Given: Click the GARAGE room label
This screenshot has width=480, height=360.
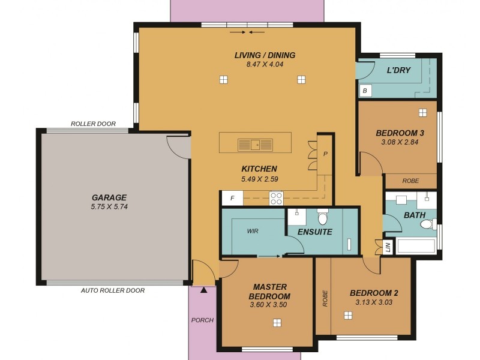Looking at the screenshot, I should [109, 197].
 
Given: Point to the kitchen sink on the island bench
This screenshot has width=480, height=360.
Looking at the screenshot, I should [255, 144].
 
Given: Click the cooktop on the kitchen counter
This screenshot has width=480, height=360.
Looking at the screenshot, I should [276, 198].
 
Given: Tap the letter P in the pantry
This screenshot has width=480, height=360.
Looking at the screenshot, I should [325, 154].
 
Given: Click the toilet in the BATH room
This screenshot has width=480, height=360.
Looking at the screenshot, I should [427, 224].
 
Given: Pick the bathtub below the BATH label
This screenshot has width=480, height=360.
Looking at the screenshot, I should [416, 247].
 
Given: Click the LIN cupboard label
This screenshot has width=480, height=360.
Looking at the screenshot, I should [388, 247].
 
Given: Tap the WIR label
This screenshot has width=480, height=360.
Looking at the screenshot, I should [253, 230].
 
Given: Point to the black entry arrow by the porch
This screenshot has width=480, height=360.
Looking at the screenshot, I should [205, 290].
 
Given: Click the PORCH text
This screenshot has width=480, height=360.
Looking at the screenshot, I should [202, 320].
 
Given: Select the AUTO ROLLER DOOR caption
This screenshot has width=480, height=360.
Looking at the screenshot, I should [113, 290].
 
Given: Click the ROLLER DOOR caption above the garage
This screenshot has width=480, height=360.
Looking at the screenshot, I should [93, 124].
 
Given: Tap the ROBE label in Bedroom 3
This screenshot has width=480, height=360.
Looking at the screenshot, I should [410, 181].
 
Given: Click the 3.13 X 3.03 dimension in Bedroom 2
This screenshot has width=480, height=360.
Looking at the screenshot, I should [374, 302].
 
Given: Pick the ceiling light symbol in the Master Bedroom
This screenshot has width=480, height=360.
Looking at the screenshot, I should [277, 322].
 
